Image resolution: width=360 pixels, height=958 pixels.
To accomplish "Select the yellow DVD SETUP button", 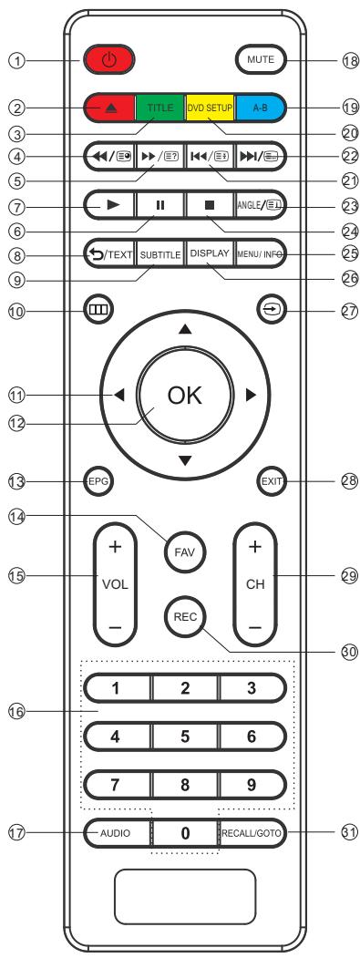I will tap(209, 107).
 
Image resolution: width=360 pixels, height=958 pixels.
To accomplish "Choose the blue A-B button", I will tap(257, 107).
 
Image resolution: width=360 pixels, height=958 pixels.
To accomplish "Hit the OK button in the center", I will tap(185, 396).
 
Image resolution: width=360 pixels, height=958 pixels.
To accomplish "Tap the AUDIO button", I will tap(116, 808).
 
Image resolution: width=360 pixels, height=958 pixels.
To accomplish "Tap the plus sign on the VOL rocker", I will tap(117, 548).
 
